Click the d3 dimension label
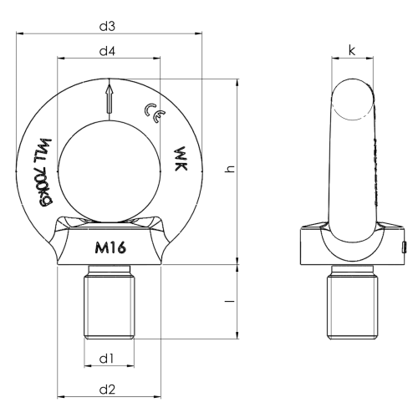[x=107, y=27]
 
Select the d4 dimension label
[x=107, y=51]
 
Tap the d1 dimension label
[x=107, y=359]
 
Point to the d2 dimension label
[x=107, y=390]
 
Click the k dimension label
[x=352, y=50]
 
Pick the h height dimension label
[x=230, y=169]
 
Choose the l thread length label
[x=230, y=301]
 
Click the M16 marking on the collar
[x=110, y=247]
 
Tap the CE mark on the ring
[x=155, y=113]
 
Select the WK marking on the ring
[x=181, y=159]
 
